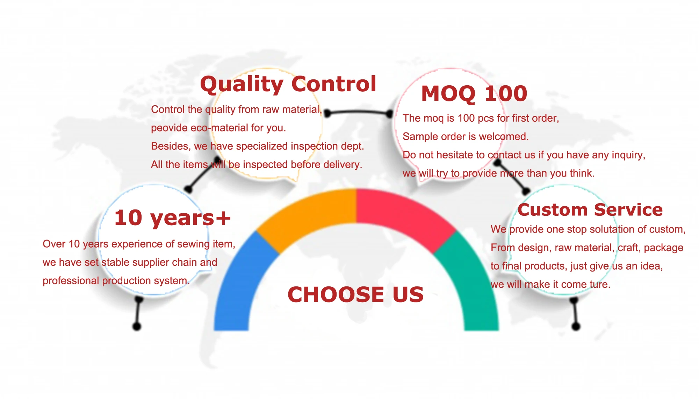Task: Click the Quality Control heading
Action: (x=288, y=85)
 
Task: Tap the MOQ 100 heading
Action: (x=474, y=94)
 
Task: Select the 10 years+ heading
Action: (x=172, y=218)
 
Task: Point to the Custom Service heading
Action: (x=590, y=210)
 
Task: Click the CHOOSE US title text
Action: (x=355, y=294)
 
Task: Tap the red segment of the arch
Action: (x=405, y=217)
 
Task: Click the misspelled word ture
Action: (x=600, y=285)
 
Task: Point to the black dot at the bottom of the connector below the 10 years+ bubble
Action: (x=137, y=327)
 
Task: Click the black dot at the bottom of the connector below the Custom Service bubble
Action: (x=576, y=327)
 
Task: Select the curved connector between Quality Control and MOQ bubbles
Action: (x=358, y=112)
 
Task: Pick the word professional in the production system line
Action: (x=71, y=281)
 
